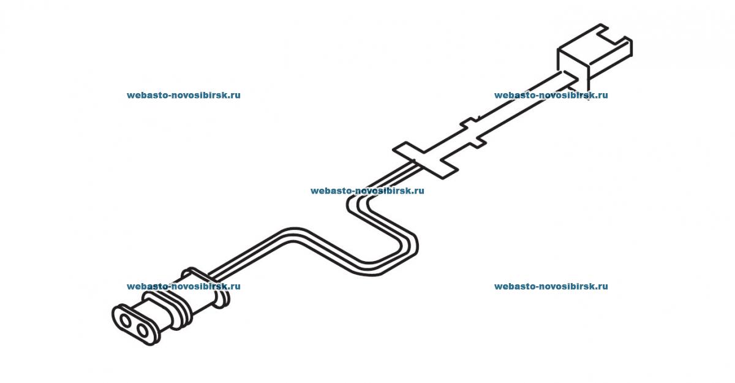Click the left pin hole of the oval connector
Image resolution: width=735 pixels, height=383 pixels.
coord(126,320)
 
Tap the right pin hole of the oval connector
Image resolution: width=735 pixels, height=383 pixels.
coord(145,331)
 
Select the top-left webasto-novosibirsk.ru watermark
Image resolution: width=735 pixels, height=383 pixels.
coord(183,96)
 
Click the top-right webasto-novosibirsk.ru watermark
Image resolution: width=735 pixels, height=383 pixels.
coord(551,96)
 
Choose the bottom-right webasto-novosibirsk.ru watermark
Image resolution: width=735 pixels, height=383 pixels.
coord(551,286)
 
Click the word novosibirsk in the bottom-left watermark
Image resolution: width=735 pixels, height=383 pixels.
coord(196,286)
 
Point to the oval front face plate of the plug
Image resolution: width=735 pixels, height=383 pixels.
coord(135,325)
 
